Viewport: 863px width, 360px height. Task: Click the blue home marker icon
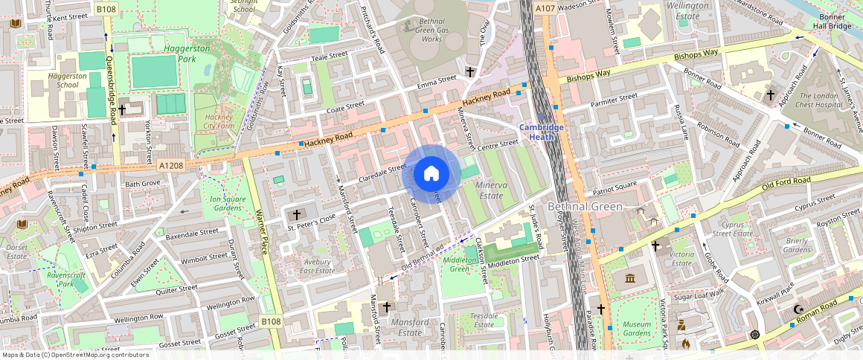click(431, 174)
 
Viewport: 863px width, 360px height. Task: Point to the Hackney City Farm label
click(219, 121)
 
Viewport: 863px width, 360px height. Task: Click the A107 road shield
click(545, 8)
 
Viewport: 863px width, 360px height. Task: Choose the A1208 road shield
click(170, 165)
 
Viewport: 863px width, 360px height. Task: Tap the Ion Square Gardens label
click(222, 203)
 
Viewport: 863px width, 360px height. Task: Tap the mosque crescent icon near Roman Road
click(799, 309)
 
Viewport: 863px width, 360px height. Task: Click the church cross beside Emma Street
click(470, 72)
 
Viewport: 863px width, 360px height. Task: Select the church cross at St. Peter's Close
click(296, 214)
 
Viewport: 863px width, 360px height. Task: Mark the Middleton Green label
click(460, 264)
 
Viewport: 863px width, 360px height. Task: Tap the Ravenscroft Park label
click(66, 279)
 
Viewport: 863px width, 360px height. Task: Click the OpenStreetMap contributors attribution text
click(74, 355)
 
